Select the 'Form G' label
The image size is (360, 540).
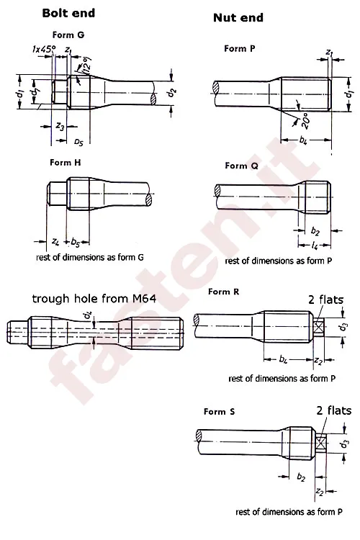[x=68, y=35]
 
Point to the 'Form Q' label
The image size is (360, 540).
[x=241, y=166]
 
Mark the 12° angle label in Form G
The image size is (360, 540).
[x=86, y=67]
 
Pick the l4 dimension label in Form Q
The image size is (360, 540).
[x=316, y=246]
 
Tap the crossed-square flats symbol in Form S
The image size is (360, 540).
[x=321, y=438]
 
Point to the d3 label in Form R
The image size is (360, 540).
[x=343, y=327]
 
